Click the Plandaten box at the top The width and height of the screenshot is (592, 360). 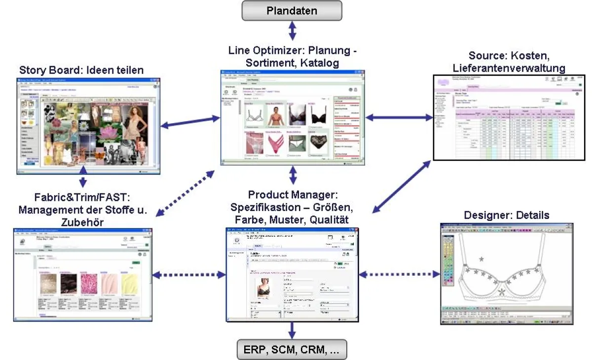coord(292,10)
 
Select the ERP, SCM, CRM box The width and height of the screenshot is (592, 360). coord(292,349)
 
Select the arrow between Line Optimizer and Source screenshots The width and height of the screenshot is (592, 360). coord(399,117)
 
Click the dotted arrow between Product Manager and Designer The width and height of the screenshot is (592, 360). coord(399,274)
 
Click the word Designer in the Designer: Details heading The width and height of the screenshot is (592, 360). coord(485,215)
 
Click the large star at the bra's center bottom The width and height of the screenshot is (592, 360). coord(502,292)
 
